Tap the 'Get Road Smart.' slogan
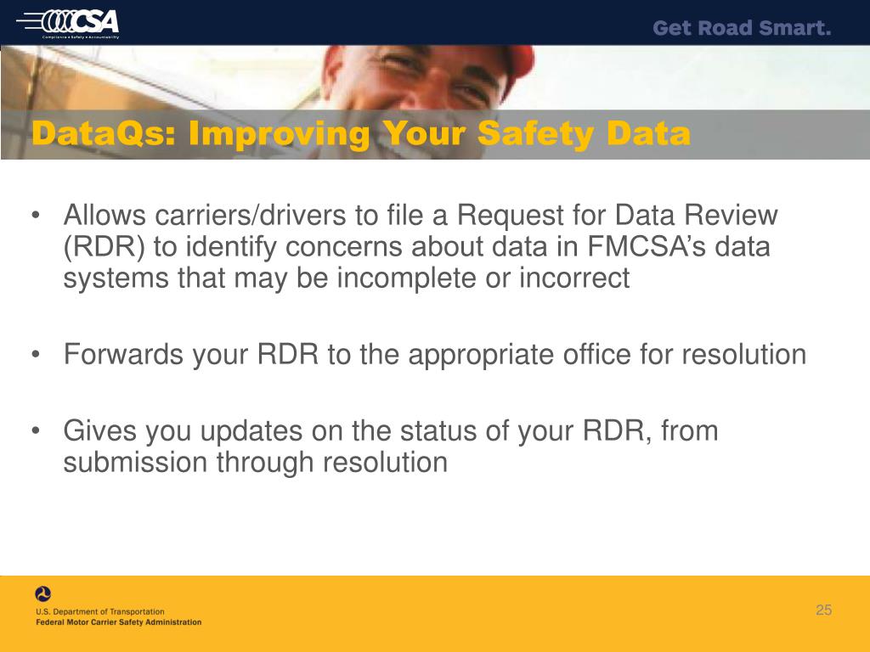[x=742, y=29]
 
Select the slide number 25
[x=823, y=610]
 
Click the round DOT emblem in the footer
[x=43, y=594]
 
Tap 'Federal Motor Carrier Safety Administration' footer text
[x=119, y=622]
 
